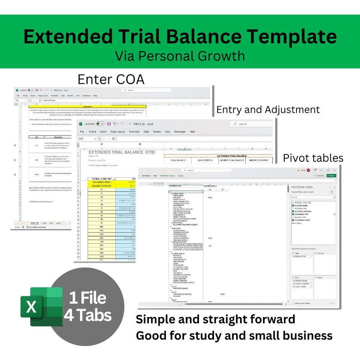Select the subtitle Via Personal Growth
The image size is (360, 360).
click(180, 56)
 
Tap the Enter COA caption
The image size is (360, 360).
click(111, 79)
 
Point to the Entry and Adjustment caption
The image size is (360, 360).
click(268, 110)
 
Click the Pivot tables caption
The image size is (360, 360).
click(313, 158)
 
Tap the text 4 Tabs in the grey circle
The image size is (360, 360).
click(88, 315)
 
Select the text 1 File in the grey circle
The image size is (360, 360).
click(88, 298)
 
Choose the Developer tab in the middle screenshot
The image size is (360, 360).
click(180, 131)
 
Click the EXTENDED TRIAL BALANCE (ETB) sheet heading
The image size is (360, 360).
click(123, 152)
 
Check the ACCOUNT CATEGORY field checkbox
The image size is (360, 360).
click(293, 211)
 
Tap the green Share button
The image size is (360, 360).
click(345, 175)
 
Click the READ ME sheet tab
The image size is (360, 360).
click(34, 223)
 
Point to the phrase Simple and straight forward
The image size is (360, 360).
click(215, 320)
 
